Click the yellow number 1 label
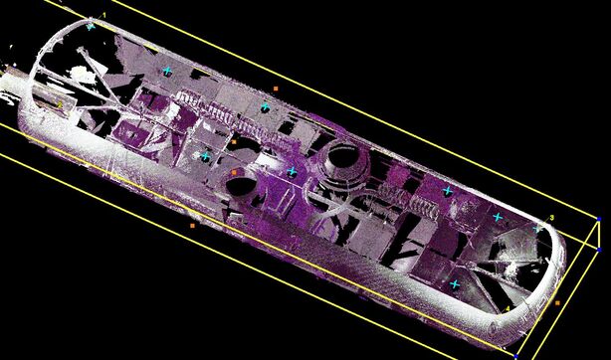(x=103, y=15)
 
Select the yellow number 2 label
(x=60, y=103)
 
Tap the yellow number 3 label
(x=551, y=216)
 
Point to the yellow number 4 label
(x=509, y=309)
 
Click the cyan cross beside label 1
(x=91, y=26)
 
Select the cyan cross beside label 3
(x=537, y=228)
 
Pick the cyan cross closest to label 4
(x=455, y=285)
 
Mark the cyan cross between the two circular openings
(x=292, y=172)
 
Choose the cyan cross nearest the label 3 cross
(x=498, y=217)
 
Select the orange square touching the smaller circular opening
(x=234, y=172)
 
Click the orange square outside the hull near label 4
(x=558, y=302)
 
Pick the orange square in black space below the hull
(x=193, y=225)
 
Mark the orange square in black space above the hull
(x=276, y=90)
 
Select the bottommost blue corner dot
(x=516, y=354)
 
